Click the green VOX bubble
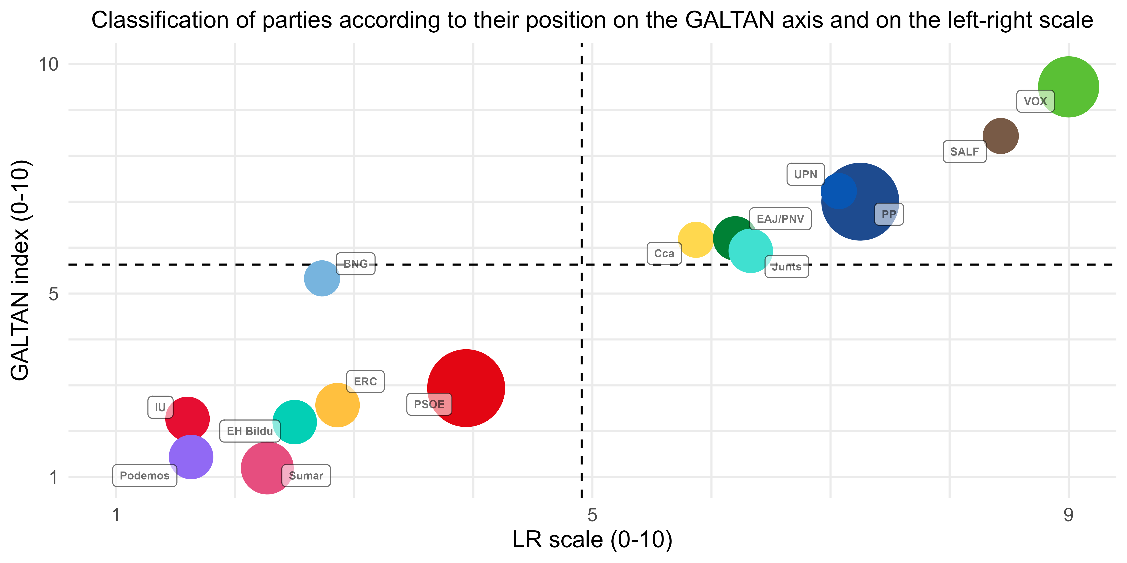coord(1068,87)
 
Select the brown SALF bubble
coord(1000,136)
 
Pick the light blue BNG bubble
coord(322,278)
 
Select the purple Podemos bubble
coord(191,457)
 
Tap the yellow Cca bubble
coord(696,240)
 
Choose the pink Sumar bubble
coord(267,468)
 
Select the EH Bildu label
coord(250,431)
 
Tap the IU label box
coord(160,407)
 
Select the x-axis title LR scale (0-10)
coord(592,540)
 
